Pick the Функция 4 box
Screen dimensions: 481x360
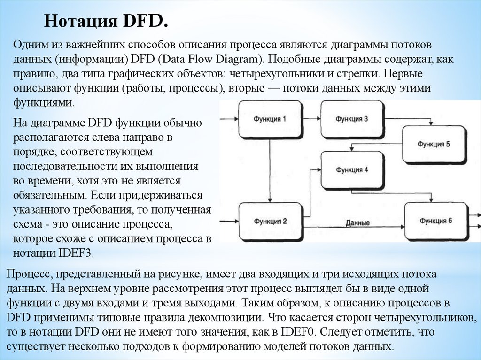[x=351, y=169]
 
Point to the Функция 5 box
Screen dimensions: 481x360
[x=434, y=144]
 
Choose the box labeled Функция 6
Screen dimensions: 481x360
[x=435, y=220]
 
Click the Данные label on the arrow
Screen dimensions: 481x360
[x=357, y=222]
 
